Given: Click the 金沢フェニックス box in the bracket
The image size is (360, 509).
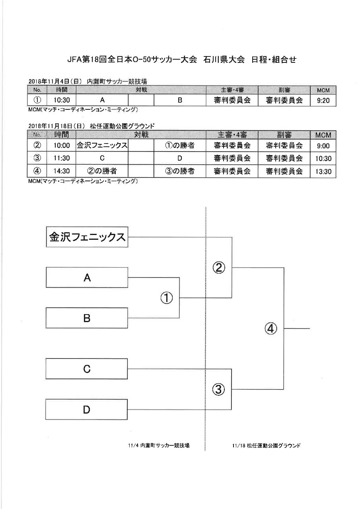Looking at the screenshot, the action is click(x=87, y=237).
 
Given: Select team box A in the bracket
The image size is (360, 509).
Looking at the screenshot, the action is click(x=87, y=278).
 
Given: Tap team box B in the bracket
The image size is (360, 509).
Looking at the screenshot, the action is click(x=87, y=318).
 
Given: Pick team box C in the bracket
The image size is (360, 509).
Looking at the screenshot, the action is click(x=87, y=369).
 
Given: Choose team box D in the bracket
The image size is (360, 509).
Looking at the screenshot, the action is click(x=86, y=410).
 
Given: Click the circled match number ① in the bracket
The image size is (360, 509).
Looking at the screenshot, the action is click(x=167, y=298).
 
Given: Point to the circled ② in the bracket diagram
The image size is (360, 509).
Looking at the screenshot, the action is click(x=219, y=268).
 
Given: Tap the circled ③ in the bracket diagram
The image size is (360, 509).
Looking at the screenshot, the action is click(x=218, y=389).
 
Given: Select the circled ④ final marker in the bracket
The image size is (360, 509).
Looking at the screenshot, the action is click(x=270, y=328).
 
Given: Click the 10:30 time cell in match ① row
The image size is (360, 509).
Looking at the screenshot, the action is click(x=61, y=100).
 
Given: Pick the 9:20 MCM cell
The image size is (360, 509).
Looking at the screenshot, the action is click(x=323, y=100).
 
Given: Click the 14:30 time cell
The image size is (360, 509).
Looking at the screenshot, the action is click(x=61, y=171).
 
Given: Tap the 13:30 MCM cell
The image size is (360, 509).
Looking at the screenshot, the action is click(x=323, y=171).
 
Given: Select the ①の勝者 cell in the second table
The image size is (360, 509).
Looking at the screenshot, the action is click(x=180, y=145).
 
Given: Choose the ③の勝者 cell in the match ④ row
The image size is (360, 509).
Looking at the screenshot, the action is click(x=180, y=171).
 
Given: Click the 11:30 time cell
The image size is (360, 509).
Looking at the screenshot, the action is click(x=61, y=158).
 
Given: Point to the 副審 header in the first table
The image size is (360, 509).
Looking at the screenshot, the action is click(x=284, y=90).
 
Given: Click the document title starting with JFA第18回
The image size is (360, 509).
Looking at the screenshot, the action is click(x=182, y=60).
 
